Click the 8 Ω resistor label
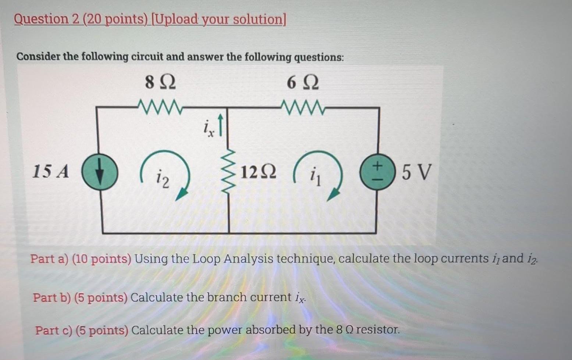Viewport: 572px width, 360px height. pos(160,82)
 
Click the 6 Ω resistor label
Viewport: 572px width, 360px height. pos(303,83)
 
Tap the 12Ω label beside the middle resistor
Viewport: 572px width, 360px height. pos(258,172)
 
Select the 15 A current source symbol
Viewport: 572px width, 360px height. pos(99,172)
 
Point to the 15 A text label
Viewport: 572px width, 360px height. pos(50,171)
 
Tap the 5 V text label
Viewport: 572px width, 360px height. pos(416,172)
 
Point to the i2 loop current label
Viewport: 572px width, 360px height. pos(163,178)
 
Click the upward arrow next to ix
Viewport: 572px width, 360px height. pos(220,125)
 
